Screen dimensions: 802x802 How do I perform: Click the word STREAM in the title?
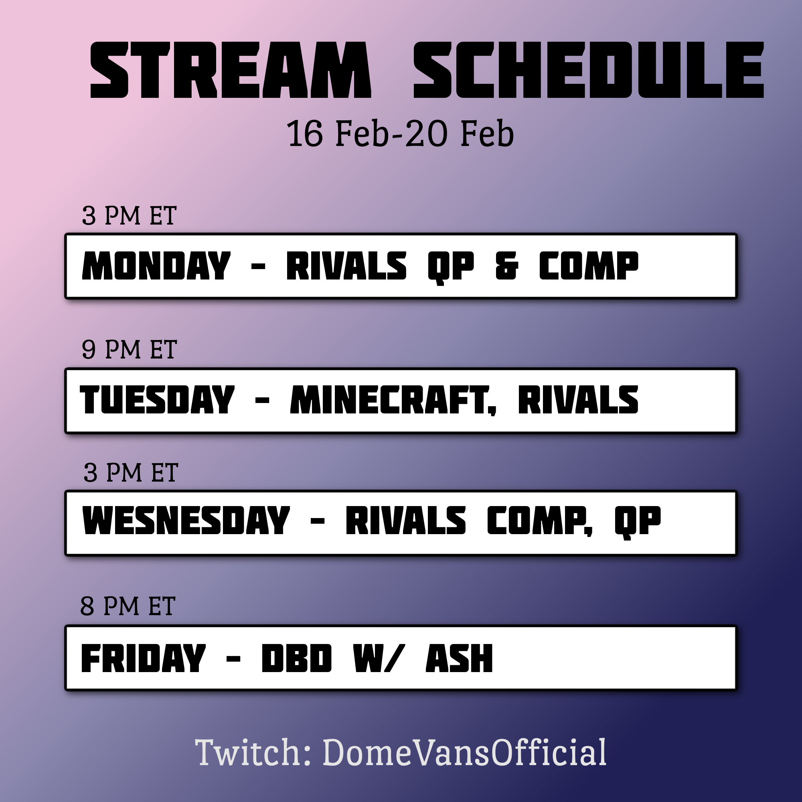coord(231,70)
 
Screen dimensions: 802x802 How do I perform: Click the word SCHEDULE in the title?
coord(589,70)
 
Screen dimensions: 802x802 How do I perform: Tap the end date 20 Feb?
coord(460,133)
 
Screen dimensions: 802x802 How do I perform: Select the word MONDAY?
coord(156,266)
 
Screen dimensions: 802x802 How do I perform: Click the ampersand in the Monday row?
coord(507,266)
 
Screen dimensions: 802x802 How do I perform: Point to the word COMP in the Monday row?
coord(589,266)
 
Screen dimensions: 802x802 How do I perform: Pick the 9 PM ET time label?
coord(130,349)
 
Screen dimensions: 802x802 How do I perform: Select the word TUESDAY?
coord(157,399)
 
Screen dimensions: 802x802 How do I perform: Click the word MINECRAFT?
coord(393,400)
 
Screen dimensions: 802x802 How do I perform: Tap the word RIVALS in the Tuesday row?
coord(578,399)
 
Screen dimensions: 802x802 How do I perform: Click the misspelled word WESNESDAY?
coord(186,520)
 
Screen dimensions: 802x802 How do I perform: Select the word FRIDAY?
coord(143,658)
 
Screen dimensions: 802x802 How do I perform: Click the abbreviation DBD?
coord(297,658)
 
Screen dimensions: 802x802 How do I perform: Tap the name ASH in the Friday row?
coord(460,658)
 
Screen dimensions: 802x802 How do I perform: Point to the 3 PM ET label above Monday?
coord(130,215)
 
